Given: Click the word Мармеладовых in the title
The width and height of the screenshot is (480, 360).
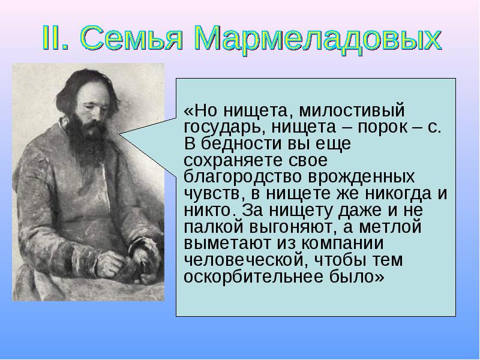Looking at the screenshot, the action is pyautogui.click(x=319, y=38).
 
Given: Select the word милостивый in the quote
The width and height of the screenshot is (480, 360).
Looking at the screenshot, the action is pyautogui.click(x=352, y=111).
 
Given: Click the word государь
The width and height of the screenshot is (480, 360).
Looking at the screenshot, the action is pyautogui.click(x=224, y=127).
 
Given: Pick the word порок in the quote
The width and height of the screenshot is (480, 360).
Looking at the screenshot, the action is pyautogui.click(x=382, y=127).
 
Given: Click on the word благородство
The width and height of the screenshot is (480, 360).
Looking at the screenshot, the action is pyautogui.click(x=243, y=177).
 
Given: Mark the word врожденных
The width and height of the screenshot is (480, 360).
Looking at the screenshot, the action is pyautogui.click(x=361, y=177).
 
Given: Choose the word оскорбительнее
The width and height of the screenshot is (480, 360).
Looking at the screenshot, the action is pyautogui.click(x=254, y=277).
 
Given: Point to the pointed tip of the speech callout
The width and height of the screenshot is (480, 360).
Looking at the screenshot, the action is pyautogui.click(x=119, y=134).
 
